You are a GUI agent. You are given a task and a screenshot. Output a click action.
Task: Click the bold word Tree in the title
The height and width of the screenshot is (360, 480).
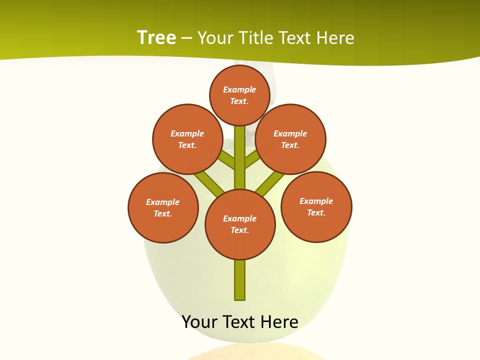pyautogui.click(x=156, y=37)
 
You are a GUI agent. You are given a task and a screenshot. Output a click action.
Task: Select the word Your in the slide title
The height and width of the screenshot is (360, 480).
pyautogui.click(x=215, y=37)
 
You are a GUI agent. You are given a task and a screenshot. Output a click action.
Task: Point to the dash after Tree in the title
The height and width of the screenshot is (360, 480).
pyautogui.click(x=186, y=38)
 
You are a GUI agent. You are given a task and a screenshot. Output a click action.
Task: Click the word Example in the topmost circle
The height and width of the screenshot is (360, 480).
pyautogui.click(x=239, y=90)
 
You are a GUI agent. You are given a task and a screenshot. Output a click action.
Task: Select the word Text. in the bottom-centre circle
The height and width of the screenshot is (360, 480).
pyautogui.click(x=239, y=230)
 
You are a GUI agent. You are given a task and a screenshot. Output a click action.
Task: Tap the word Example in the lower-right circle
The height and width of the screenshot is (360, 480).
pyautogui.click(x=316, y=201)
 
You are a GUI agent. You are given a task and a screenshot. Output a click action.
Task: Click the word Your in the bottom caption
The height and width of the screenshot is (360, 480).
pyautogui.click(x=199, y=322)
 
